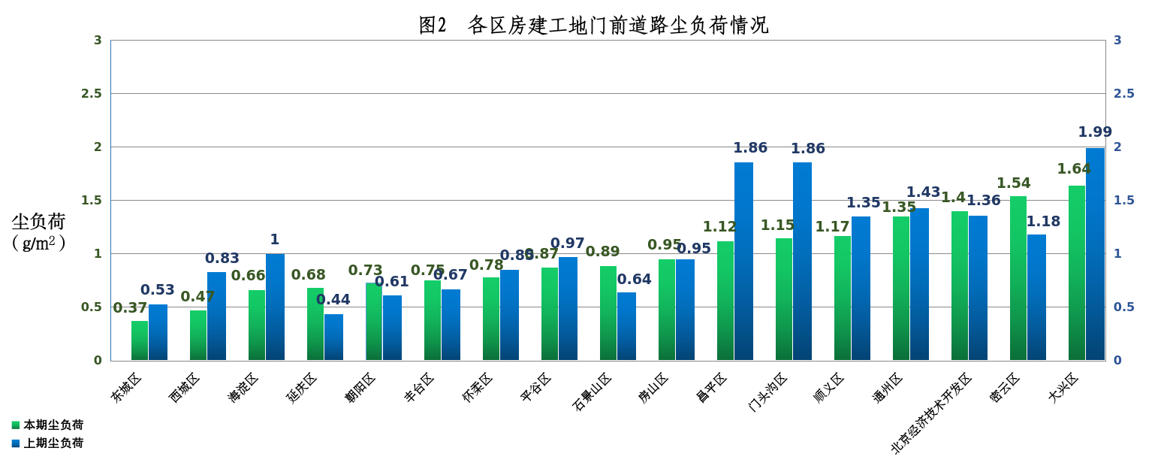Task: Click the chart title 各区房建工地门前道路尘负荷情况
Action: [x=593, y=25]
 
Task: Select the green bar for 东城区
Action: [x=140, y=340]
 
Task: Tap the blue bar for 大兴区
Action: [x=1095, y=254]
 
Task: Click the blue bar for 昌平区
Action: [x=743, y=261]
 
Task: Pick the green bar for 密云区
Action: [x=1018, y=278]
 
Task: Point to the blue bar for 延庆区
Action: [x=333, y=337]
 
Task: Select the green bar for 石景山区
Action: [x=608, y=313]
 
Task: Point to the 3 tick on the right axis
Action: [x=1117, y=41]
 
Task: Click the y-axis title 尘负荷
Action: [x=39, y=222]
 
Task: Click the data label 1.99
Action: [x=1095, y=132]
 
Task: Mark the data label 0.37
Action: [x=130, y=308]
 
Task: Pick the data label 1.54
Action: [x=1014, y=183]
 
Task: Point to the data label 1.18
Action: [x=1043, y=222]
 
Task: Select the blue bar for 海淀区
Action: [x=275, y=307]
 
